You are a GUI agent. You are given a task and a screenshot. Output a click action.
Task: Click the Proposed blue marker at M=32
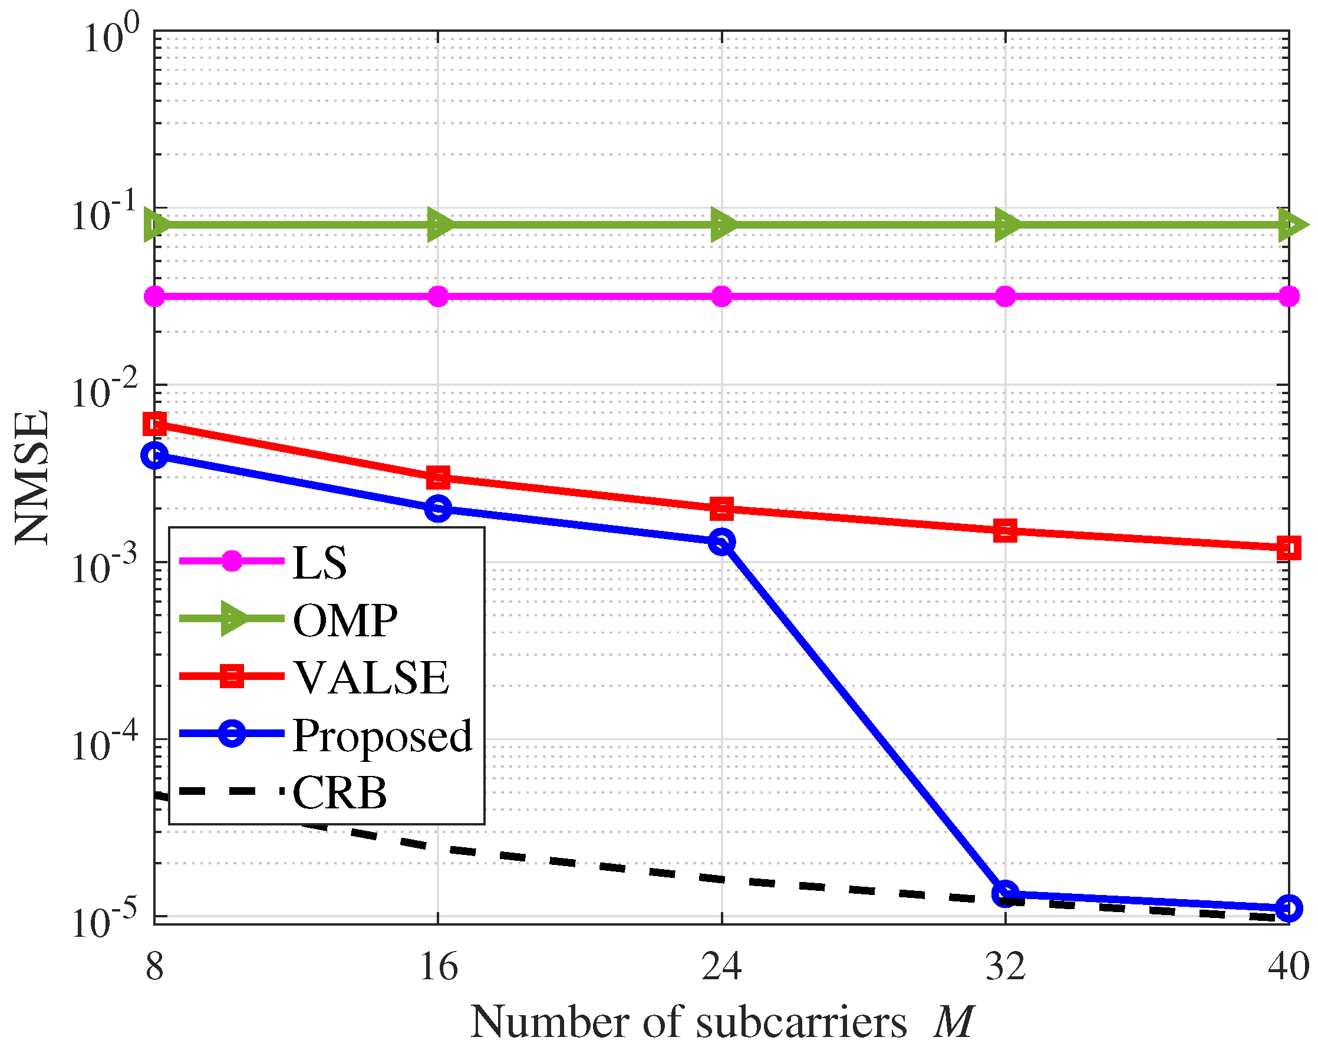tap(1005, 894)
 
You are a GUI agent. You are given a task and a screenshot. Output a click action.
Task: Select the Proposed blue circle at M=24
tap(721, 541)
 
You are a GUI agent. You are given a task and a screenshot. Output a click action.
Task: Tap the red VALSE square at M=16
tap(438, 477)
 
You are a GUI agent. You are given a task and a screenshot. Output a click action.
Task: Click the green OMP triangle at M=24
tap(723, 224)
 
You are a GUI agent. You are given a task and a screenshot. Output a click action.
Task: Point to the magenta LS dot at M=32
tap(1005, 297)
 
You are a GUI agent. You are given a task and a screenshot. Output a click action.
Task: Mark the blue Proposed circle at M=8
tap(154, 455)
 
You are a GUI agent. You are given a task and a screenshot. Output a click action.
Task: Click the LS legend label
tap(319, 563)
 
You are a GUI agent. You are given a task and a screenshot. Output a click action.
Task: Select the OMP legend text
tap(345, 620)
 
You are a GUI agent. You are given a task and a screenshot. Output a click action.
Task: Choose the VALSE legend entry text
tap(370, 678)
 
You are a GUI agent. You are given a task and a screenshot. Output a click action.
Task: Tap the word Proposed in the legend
tap(382, 735)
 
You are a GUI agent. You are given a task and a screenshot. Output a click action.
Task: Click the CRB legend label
tap(340, 792)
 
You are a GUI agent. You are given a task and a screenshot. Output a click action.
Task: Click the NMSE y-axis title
tap(32, 477)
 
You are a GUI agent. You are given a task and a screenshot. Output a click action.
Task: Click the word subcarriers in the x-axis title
tap(801, 1022)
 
